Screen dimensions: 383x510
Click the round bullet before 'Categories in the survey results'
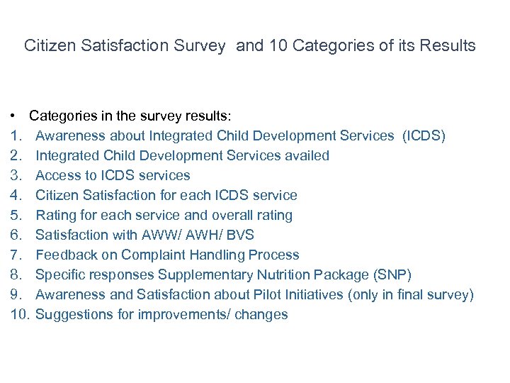pyautogui.click(x=14, y=116)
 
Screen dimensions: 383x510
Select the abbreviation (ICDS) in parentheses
pyautogui.click(x=424, y=135)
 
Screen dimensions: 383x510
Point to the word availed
pyautogui.click(x=306, y=155)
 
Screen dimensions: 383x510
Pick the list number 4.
pyautogui.click(x=16, y=195)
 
